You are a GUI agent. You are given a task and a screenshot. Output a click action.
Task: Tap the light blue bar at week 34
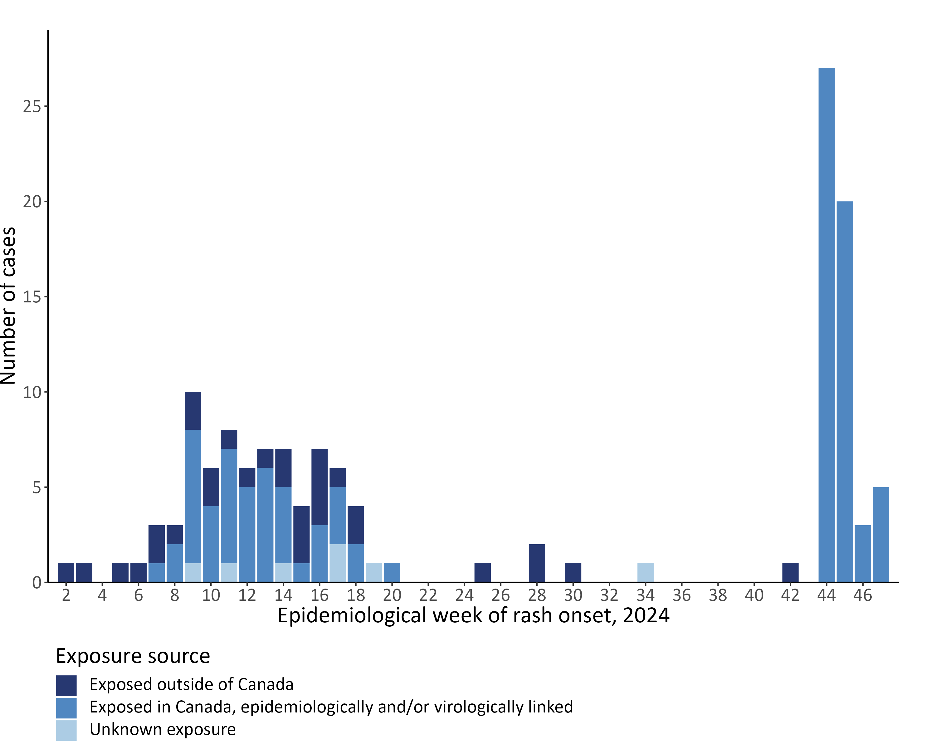click(x=645, y=572)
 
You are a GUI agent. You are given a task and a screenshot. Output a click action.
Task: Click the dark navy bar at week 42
click(x=790, y=572)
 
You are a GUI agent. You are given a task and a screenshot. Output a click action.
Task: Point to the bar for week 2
click(x=66, y=572)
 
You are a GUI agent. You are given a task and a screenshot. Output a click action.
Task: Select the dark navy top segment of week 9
click(x=193, y=410)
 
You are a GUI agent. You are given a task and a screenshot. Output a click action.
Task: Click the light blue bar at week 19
click(x=374, y=572)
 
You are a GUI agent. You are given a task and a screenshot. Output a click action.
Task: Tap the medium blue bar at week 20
click(x=392, y=572)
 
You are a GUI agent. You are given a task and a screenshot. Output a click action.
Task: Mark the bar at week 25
click(x=482, y=572)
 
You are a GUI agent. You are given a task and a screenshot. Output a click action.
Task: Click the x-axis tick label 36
click(x=682, y=595)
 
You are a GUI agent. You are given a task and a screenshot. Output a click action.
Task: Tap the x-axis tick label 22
click(x=428, y=595)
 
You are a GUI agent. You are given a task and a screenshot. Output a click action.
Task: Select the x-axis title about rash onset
click(x=473, y=616)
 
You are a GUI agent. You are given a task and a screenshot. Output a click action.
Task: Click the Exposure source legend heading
click(x=133, y=656)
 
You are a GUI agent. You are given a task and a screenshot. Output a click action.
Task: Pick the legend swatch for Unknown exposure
click(x=66, y=730)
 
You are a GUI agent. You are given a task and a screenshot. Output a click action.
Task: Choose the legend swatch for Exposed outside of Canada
click(x=66, y=685)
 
